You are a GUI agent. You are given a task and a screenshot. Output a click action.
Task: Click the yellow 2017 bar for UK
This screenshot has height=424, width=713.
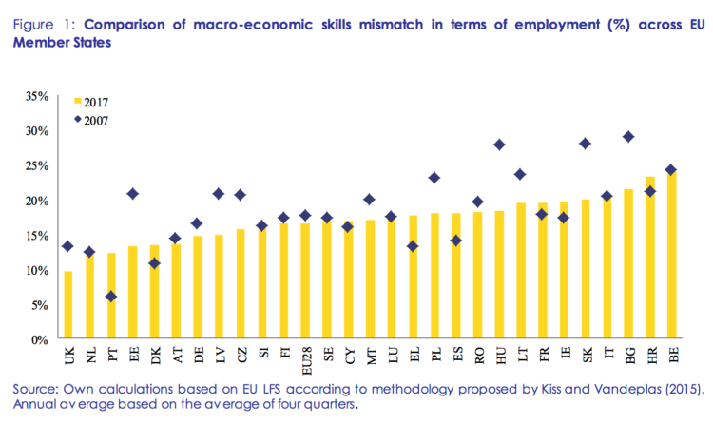pyautogui.click(x=67, y=305)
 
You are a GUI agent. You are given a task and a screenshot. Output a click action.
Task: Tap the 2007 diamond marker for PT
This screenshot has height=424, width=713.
pyautogui.click(x=112, y=297)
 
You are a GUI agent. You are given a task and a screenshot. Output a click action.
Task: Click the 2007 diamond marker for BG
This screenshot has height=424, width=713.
pyautogui.click(x=628, y=137)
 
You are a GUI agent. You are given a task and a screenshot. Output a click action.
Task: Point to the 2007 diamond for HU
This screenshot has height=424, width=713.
pyautogui.click(x=499, y=145)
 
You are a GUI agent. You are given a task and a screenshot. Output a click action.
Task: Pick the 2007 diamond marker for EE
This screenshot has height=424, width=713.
pyautogui.click(x=133, y=194)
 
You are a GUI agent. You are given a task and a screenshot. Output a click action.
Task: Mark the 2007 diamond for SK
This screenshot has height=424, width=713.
pyautogui.click(x=586, y=144)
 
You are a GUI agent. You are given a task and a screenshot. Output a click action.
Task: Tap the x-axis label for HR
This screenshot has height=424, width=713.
pyautogui.click(x=651, y=356)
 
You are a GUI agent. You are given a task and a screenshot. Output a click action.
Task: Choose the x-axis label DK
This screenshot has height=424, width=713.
pyautogui.click(x=155, y=356)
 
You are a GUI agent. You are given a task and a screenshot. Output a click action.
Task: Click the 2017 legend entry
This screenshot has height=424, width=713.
pyautogui.click(x=95, y=101)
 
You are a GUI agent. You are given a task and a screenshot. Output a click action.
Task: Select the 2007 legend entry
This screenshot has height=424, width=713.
pyautogui.click(x=95, y=120)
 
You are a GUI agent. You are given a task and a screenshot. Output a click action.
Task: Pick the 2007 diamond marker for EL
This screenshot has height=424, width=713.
pyautogui.click(x=413, y=246)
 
